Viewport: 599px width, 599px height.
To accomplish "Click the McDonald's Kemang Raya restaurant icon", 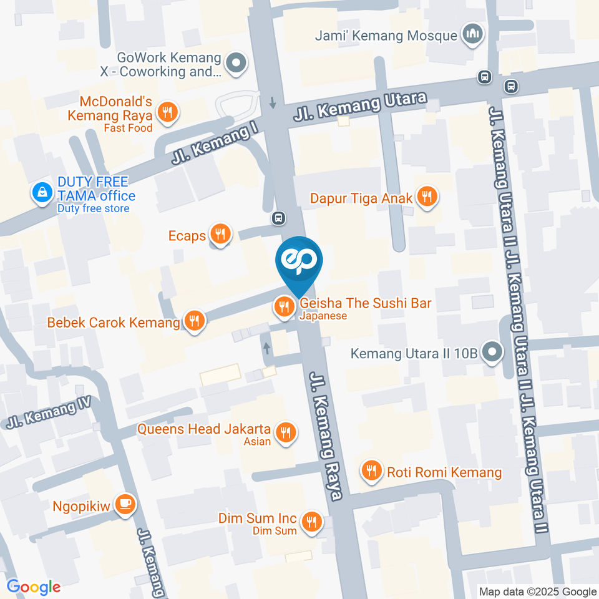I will (167, 112).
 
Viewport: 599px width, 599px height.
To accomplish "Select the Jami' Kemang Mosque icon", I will (471, 34).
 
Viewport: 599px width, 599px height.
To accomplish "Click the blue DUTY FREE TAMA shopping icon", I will (42, 193).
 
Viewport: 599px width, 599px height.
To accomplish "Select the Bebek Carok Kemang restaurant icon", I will (195, 321).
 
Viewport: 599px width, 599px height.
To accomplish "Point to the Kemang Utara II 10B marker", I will (492, 353).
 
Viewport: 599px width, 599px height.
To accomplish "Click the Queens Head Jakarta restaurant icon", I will (286, 431).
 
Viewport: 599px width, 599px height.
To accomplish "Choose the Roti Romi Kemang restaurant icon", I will (373, 471).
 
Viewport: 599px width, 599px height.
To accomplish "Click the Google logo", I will (34, 587).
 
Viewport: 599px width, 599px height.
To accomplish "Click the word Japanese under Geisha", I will (323, 316).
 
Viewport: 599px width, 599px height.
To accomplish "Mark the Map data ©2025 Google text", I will (538, 592).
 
